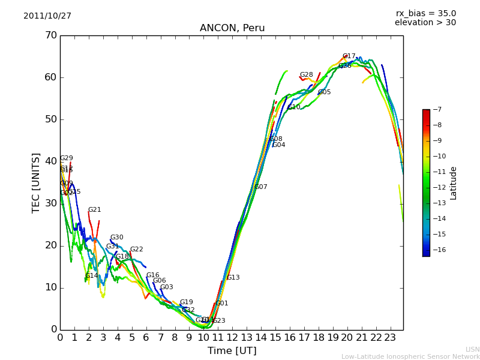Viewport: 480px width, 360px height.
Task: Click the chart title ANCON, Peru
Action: [x=232, y=28]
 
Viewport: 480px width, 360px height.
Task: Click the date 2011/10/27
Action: [x=47, y=16]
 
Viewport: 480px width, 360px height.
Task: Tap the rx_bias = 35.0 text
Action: [x=425, y=14]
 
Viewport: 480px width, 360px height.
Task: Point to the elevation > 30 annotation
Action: [x=425, y=23]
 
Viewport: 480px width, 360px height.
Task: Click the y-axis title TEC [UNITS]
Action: [x=36, y=182]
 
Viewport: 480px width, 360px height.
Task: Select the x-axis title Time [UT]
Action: [x=232, y=351]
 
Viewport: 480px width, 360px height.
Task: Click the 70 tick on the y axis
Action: [x=50, y=35]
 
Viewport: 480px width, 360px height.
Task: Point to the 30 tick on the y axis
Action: [x=50, y=203]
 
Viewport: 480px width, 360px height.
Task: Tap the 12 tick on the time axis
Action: [x=232, y=338]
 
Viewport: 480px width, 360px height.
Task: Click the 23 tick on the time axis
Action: [x=390, y=338]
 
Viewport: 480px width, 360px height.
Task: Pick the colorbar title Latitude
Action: [x=454, y=183]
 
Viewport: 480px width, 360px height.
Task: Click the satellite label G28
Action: [x=307, y=75]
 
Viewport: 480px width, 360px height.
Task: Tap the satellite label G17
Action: [x=349, y=56]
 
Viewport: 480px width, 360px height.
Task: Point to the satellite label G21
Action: [x=95, y=210]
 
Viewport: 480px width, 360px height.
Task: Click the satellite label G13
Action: [x=233, y=278]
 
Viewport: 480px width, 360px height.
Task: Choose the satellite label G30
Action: [x=117, y=238]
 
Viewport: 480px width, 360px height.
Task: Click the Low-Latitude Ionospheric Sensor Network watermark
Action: [x=410, y=357]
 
